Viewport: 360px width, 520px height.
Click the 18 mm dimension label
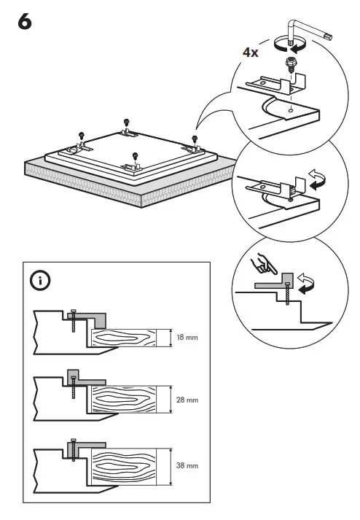pos(187,338)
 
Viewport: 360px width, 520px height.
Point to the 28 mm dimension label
pos(187,400)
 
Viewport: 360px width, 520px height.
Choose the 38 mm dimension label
pos(187,463)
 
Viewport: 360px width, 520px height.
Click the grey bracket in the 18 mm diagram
pos(91,317)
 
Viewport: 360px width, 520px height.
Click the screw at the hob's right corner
pos(195,138)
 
